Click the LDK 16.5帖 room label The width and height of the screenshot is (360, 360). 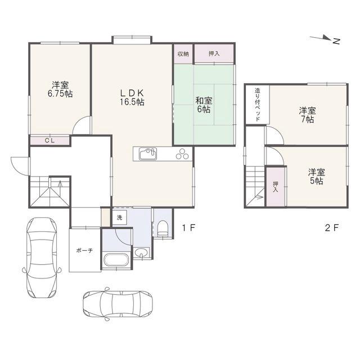(x=132, y=97)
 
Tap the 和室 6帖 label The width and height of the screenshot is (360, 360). (x=204, y=105)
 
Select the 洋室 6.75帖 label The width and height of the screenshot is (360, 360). (x=60, y=89)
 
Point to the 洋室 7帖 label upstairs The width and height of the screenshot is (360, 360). (x=308, y=115)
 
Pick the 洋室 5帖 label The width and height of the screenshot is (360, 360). (x=317, y=177)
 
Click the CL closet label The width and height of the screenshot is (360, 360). (x=50, y=141)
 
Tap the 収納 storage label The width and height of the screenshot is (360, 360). (x=183, y=54)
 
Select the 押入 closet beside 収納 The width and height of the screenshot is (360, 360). (x=214, y=54)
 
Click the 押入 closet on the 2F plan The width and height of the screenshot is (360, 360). (x=276, y=187)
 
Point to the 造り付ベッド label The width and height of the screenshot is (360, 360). (x=258, y=105)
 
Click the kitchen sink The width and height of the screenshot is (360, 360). (x=148, y=154)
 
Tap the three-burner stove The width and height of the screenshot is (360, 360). (x=182, y=154)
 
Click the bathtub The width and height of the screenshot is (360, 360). (x=116, y=260)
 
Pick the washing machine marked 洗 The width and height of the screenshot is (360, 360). (x=119, y=218)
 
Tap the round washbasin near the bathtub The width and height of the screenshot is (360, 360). (x=141, y=253)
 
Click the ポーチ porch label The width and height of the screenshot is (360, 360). (x=84, y=250)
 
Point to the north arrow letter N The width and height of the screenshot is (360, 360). (x=336, y=41)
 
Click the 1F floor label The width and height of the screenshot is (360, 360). (x=188, y=228)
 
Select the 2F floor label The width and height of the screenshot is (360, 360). (x=332, y=228)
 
